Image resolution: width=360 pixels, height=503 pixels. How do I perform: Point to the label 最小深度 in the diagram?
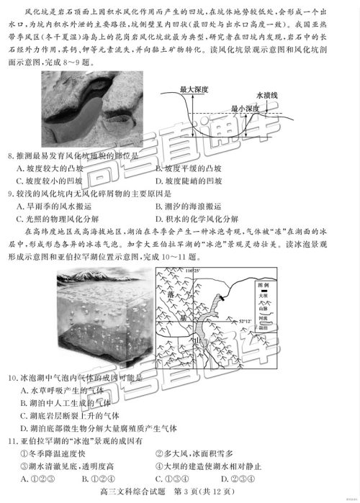(x=246, y=108)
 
